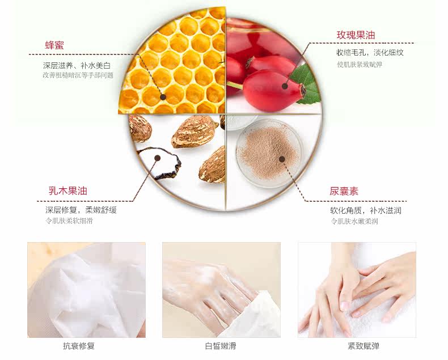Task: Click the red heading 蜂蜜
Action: coord(54,45)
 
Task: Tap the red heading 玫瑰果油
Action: coord(356,35)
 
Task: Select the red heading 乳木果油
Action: coord(67,190)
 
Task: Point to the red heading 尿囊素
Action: coord(344,191)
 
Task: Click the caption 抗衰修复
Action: coord(79,346)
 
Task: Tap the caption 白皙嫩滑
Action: coord(221,346)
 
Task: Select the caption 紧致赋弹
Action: coord(363,346)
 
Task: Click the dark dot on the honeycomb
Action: coord(163,97)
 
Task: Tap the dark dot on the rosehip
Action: coord(285,86)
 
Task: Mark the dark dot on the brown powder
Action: coord(282,159)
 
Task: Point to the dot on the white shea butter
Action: coord(158,158)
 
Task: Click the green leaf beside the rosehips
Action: coord(305,84)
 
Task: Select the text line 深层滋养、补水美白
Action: coord(77,66)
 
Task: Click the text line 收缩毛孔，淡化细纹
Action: coord(370,53)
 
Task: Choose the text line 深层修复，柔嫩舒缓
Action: coord(81,210)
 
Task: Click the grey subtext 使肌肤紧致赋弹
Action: coord(360,65)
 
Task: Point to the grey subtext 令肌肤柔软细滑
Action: coord(69,221)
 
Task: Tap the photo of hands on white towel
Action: coord(357,290)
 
